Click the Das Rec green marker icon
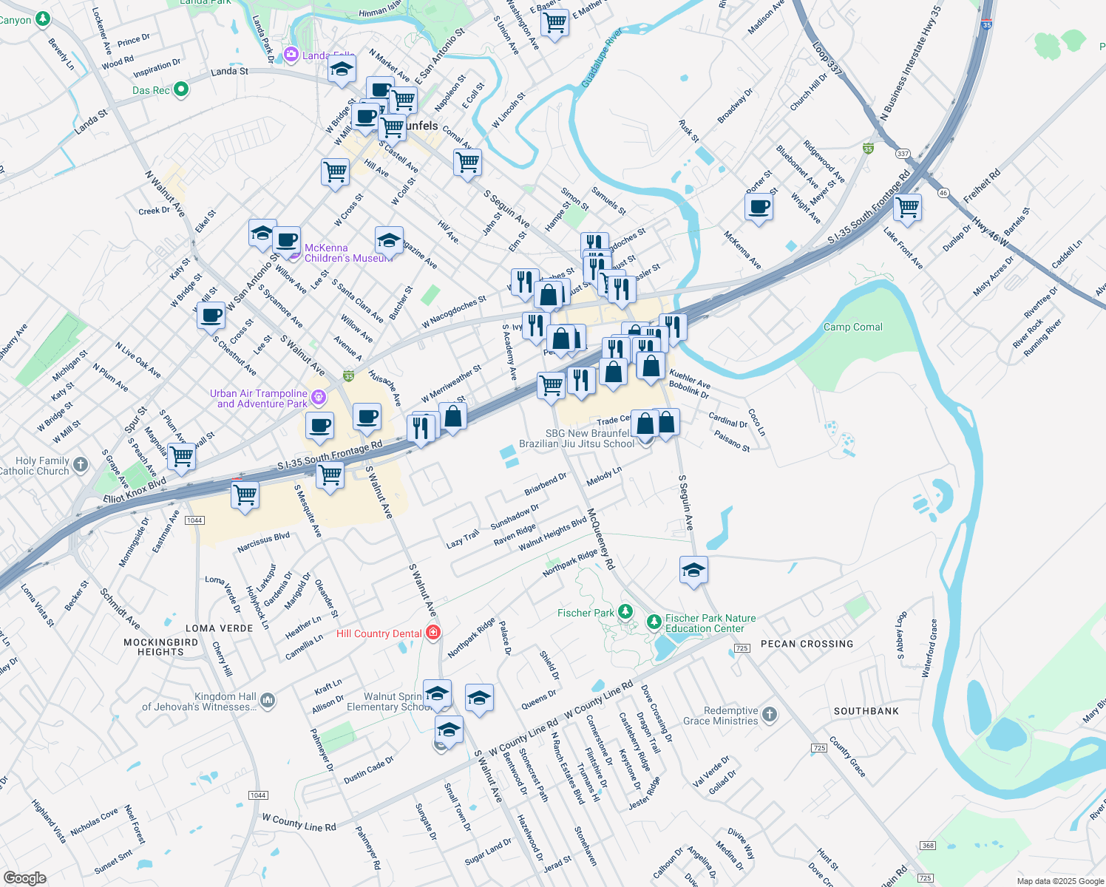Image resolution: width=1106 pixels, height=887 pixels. tap(180, 90)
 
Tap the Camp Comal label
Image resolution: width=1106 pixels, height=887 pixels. tap(852, 327)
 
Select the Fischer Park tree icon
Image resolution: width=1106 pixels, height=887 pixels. tap(625, 611)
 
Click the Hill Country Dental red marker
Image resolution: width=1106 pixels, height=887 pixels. tap(433, 633)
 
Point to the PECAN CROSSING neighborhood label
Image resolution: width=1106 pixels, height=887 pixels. tap(807, 644)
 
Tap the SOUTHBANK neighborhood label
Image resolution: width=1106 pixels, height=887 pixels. tap(866, 711)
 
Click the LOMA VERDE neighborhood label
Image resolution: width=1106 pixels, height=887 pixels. tap(219, 628)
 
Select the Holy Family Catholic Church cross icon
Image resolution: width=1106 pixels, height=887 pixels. tap(81, 465)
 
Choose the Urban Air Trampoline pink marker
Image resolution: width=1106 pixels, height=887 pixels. tap(319, 398)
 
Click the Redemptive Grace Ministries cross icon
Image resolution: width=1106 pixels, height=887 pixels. tap(770, 714)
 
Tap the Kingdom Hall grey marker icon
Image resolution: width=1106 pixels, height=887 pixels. tap(268, 700)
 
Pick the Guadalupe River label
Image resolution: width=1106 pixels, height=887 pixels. tap(600, 59)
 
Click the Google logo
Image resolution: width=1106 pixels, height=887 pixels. tap(24, 878)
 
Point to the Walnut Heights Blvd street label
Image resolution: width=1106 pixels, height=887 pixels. tap(552, 534)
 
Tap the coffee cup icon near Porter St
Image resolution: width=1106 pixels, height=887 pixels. tap(759, 207)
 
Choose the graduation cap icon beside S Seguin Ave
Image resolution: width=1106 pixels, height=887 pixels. tap(693, 570)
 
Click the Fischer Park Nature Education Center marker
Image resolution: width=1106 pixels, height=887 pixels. tap(654, 622)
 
